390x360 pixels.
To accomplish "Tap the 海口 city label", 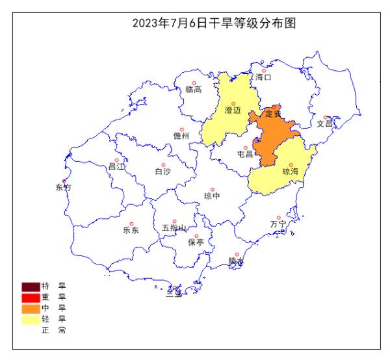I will (x=263, y=77).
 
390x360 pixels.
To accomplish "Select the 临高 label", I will (x=193, y=90).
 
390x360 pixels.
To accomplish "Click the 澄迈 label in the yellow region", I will (x=233, y=110).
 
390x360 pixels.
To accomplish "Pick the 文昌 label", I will (x=325, y=123).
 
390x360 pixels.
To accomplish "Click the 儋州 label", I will (x=181, y=136).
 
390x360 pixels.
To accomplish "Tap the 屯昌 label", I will (x=245, y=154).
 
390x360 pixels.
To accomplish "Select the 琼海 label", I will (x=291, y=172).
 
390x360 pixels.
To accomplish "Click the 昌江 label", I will (x=116, y=167).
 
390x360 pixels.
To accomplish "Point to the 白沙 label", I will (x=162, y=172).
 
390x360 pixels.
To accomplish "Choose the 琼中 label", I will (x=212, y=195).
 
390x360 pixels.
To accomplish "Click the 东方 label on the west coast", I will (x=64, y=188).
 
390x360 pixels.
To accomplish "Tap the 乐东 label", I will (x=131, y=229).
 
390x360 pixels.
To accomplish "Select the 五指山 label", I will (x=174, y=228).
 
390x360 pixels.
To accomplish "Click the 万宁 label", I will (x=278, y=224).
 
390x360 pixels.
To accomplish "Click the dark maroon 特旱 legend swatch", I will (x=31, y=286).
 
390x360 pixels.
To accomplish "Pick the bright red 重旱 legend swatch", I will (x=31, y=297).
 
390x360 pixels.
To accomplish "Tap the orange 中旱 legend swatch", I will (x=31, y=308).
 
